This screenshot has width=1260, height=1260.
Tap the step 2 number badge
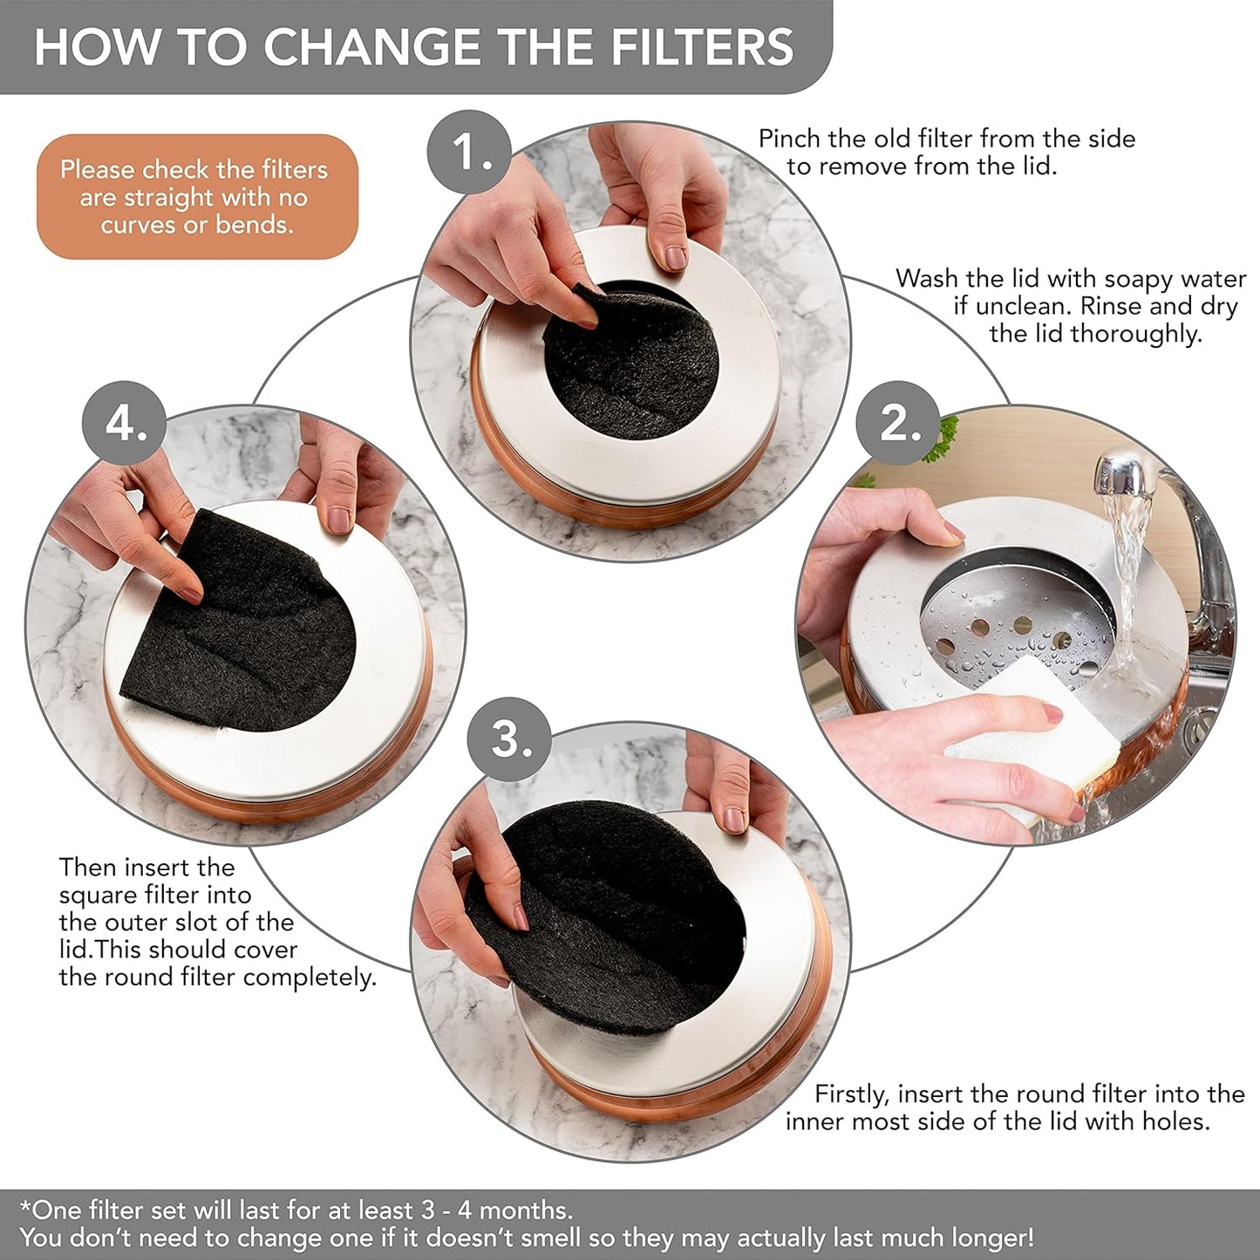(x=897, y=424)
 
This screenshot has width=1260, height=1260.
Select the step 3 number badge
(x=510, y=739)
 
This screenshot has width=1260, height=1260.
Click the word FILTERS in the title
(x=702, y=47)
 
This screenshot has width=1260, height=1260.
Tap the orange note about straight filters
(x=196, y=197)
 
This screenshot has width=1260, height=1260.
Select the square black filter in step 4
(x=235, y=628)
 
